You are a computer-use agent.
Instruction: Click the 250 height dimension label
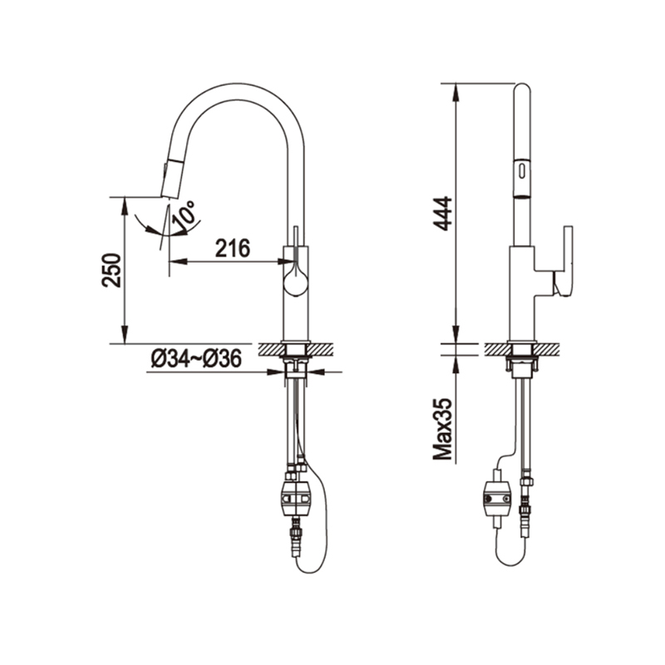[111, 270]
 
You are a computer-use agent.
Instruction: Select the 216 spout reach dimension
[233, 248]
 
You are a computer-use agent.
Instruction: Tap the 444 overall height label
[443, 214]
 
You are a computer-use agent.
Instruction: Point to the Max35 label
[443, 429]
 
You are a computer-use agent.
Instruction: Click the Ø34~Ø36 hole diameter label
[196, 359]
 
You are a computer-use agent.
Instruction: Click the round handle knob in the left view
[296, 283]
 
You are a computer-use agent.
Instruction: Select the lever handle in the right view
[564, 261]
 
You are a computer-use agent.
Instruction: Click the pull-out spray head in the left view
[170, 178]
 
